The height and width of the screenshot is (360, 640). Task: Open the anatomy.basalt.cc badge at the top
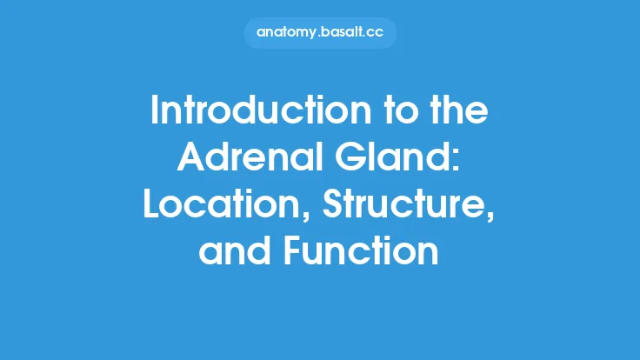click(320, 32)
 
